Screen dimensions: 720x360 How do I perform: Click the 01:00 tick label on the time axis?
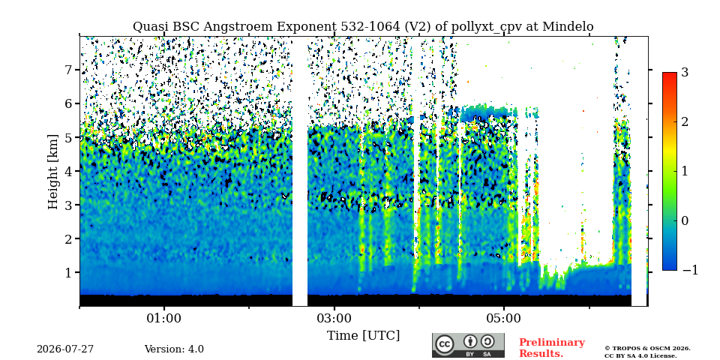point(164,319)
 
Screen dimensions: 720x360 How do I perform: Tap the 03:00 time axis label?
point(334,319)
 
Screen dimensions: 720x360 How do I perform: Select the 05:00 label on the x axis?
point(504,319)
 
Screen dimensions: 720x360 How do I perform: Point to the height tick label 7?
point(71,70)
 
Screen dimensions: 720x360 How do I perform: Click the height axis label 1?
point(71,272)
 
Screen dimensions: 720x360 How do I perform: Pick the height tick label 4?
point(71,171)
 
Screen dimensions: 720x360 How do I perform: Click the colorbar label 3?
point(685,72)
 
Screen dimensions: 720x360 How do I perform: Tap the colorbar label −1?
point(690,271)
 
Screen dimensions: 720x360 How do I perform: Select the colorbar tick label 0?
point(685,220)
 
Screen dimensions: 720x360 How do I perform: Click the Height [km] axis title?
point(54,172)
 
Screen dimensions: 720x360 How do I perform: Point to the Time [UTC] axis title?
point(363,336)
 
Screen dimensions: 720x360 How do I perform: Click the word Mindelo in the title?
point(568,27)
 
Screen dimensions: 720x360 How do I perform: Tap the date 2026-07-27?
point(65,349)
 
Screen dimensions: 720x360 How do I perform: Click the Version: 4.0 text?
point(174,349)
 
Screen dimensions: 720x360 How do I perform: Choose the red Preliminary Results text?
point(552,347)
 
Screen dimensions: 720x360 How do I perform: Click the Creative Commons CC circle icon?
point(445,345)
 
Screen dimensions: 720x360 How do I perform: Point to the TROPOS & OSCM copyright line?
point(647,349)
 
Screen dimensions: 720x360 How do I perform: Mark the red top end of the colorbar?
point(670,73)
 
